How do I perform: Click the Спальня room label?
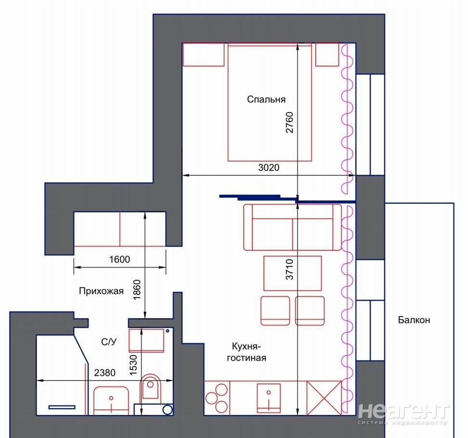click(266, 99)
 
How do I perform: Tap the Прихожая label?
click(101, 291)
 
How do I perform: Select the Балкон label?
click(414, 320)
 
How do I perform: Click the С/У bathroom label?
click(109, 342)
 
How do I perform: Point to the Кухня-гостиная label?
click(247, 352)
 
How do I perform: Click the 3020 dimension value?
click(269, 167)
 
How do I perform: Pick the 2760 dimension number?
click(289, 122)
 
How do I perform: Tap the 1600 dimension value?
click(119, 259)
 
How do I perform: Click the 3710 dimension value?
click(289, 270)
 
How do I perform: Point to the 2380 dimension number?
click(105, 373)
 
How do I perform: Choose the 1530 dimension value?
click(133, 365)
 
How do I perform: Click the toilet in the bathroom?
click(150, 386)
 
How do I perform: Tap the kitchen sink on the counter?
click(269, 398)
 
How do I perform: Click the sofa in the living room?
click(293, 227)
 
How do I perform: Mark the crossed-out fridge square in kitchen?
click(324, 398)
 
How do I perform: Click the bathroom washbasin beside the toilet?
click(111, 401)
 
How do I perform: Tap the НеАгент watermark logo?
click(403, 414)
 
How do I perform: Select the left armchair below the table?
click(275, 310)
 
